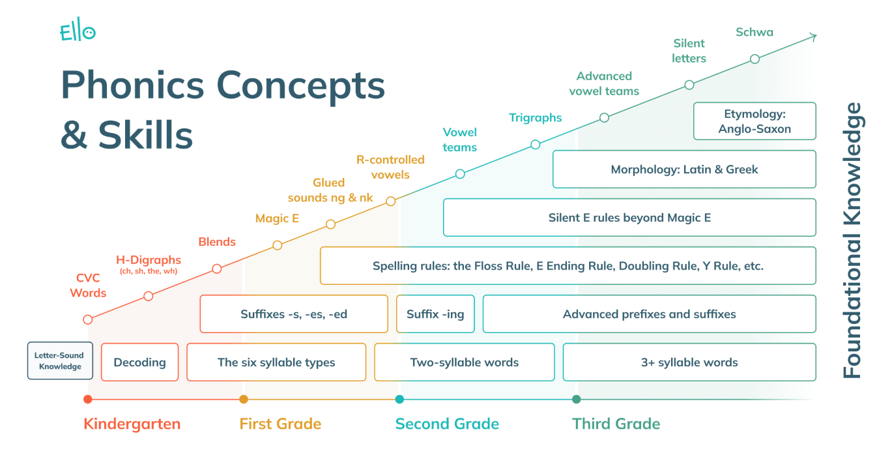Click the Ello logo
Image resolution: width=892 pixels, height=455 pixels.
pyautogui.click(x=78, y=32)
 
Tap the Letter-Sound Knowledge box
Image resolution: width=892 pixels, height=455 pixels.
pyautogui.click(x=60, y=361)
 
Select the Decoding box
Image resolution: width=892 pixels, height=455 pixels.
pyautogui.click(x=139, y=362)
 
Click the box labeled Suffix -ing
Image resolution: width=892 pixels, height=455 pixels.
pyautogui.click(x=435, y=314)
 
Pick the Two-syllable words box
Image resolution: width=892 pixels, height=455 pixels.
pyautogui.click(x=464, y=362)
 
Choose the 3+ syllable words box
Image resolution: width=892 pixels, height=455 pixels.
pyautogui.click(x=689, y=362)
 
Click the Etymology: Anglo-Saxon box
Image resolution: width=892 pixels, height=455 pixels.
pyautogui.click(x=755, y=121)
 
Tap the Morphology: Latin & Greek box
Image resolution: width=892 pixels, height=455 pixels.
pyautogui.click(x=684, y=169)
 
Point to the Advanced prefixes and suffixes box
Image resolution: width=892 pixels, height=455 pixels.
pyautogui.click(x=649, y=314)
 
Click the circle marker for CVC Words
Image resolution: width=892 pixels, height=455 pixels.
pyautogui.click(x=88, y=319)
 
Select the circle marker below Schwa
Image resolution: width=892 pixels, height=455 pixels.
pyautogui.click(x=755, y=59)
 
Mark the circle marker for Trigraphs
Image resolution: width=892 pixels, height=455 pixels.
pyautogui.click(x=535, y=145)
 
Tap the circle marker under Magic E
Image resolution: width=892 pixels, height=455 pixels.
pyautogui.click(x=277, y=245)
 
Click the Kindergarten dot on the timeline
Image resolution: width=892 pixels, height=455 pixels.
pyautogui.click(x=88, y=399)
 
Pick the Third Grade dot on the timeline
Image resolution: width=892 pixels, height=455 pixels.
pyautogui.click(x=576, y=399)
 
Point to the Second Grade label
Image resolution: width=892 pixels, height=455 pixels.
pyautogui.click(x=447, y=424)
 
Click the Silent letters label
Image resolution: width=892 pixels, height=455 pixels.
pyautogui.click(x=689, y=51)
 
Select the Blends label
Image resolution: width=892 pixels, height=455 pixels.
pyautogui.click(x=217, y=242)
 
